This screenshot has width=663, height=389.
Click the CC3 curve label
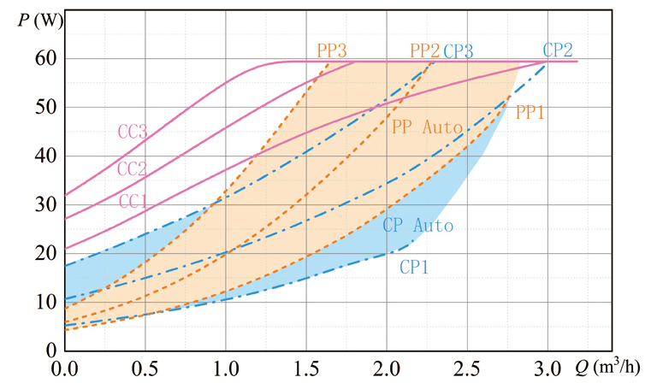coord(133,132)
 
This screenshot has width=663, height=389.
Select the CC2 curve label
coord(133,168)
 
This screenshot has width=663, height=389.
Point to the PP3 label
coord(332,50)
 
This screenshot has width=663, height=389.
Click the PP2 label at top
coord(425,50)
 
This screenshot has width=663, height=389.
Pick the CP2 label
coord(558,49)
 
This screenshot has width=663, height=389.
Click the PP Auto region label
coord(427,127)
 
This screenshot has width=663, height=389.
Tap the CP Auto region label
coord(417,227)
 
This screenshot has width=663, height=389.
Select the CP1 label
coord(414,267)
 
